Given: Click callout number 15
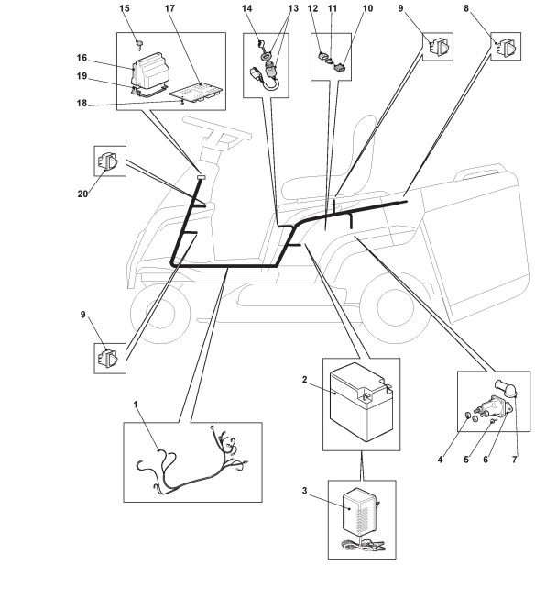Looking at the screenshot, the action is click(125, 8).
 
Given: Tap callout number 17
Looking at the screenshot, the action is click(169, 8).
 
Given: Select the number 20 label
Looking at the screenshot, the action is click(82, 194).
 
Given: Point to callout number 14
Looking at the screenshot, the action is click(246, 8).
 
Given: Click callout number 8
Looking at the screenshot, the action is click(466, 8).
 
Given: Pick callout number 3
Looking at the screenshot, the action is click(304, 491).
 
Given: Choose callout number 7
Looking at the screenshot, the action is click(515, 460).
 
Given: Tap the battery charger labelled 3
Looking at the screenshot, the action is click(359, 512).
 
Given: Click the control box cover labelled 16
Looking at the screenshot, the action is click(150, 70).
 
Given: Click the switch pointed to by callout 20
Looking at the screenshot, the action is click(109, 161).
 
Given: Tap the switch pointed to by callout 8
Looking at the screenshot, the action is click(507, 47).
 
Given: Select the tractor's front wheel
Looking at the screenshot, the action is click(160, 313).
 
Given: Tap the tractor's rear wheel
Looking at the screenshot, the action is click(396, 310).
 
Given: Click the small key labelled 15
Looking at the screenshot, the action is click(140, 44).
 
